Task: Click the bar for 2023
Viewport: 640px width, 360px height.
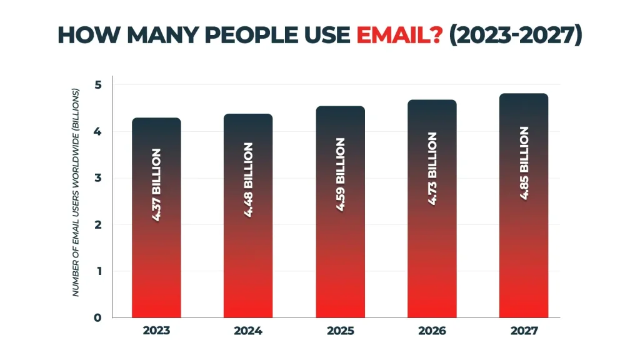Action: click(x=156, y=250)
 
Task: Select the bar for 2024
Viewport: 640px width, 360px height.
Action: click(x=248, y=250)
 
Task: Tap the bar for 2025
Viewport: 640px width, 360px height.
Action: click(x=340, y=250)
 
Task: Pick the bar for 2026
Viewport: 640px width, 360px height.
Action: click(x=432, y=250)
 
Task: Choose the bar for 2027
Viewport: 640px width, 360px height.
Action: click(x=524, y=250)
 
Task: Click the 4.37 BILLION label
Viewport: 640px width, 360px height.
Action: click(x=156, y=186)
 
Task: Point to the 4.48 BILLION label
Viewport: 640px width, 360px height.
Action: click(x=248, y=180)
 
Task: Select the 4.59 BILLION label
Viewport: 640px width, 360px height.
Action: click(x=340, y=175)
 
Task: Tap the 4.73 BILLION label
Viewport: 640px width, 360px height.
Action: click(x=432, y=169)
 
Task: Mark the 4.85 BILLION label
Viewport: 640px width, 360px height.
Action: click(x=524, y=164)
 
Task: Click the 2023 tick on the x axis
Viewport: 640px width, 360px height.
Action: click(x=156, y=331)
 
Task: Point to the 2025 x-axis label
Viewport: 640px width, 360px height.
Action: click(x=340, y=331)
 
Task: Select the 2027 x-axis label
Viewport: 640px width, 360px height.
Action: click(x=524, y=331)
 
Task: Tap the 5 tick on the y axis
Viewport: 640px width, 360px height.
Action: click(x=97, y=85)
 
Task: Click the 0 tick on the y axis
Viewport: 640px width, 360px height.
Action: click(x=97, y=317)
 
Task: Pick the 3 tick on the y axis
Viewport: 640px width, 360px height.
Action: click(x=97, y=178)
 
